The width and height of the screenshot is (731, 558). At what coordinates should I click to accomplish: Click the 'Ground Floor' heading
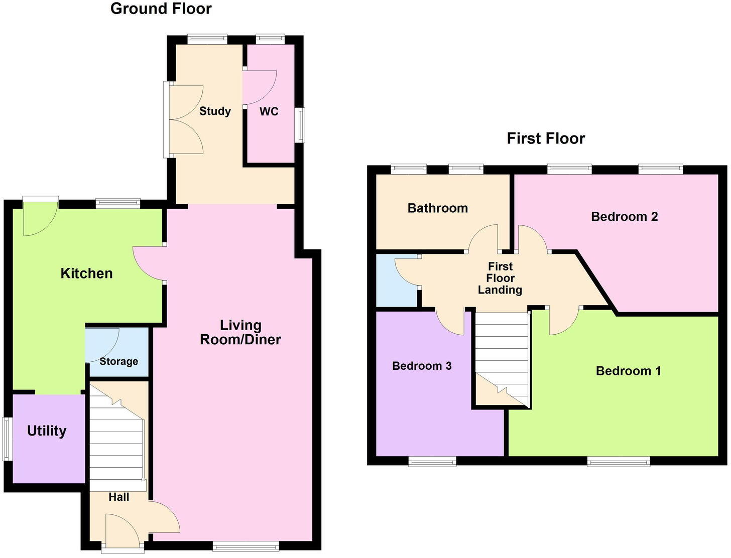coord(161,9)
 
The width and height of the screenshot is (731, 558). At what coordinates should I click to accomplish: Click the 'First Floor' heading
coord(546,138)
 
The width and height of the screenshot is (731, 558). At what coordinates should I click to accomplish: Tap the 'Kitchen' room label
coord(86,273)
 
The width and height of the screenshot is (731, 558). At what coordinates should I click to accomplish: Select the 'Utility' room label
coord(47,431)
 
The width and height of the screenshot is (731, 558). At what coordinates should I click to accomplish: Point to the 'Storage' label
coord(118,361)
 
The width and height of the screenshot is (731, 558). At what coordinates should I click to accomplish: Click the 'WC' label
coord(269,111)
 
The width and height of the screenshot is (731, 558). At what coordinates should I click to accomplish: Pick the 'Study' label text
coord(215,111)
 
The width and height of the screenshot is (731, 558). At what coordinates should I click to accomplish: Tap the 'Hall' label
coord(119,497)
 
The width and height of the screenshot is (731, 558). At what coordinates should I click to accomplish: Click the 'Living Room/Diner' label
coord(240,332)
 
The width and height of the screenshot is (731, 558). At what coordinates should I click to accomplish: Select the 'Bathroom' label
coord(437,208)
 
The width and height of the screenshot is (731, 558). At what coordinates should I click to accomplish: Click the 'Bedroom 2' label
coord(624,217)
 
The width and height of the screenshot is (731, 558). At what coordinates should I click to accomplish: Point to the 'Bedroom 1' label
coord(628,371)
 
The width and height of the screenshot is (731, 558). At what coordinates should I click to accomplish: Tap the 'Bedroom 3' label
coord(422,366)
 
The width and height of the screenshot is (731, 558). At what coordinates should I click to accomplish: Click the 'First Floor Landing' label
coord(500,278)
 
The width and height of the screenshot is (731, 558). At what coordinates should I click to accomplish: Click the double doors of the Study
coord(185,119)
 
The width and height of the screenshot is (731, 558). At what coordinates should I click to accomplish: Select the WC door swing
coord(259,87)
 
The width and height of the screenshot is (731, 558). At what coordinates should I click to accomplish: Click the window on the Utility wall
coord(6,439)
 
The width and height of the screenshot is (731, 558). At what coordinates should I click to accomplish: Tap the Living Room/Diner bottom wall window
coord(246,546)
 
